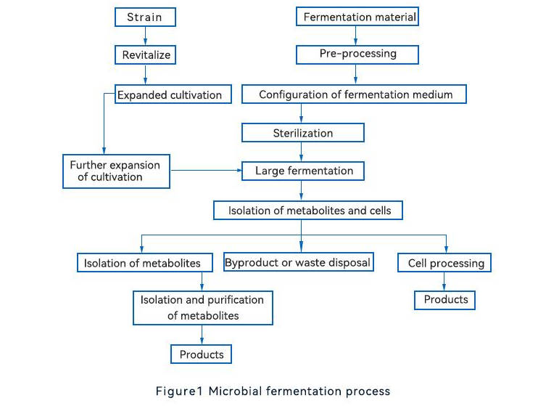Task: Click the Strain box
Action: tap(144, 17)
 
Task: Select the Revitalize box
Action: tap(145, 54)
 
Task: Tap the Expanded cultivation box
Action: tap(174, 94)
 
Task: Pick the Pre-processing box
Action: tap(357, 54)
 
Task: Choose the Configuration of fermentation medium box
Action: tap(355, 94)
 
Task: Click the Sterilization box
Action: tap(302, 133)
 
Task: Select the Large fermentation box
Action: tap(304, 171)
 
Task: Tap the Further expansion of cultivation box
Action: tap(115, 171)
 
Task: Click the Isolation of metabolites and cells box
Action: tap(307, 211)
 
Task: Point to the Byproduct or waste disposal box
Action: tap(297, 261)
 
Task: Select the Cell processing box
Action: tap(445, 262)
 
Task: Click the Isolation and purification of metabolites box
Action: tap(202, 307)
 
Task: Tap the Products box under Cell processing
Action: tap(445, 299)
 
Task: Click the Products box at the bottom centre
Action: tap(202, 354)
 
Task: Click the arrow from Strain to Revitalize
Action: tap(145, 36)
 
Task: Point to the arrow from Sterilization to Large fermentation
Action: tap(302, 151)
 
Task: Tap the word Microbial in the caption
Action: tap(235, 391)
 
